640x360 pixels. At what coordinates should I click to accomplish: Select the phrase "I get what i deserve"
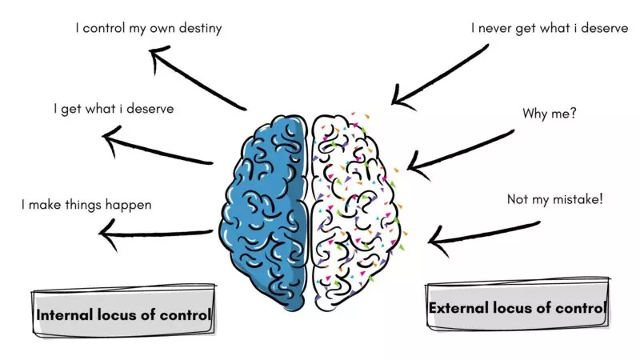113,108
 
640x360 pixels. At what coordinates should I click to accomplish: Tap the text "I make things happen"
86,205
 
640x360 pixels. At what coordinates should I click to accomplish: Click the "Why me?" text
550,114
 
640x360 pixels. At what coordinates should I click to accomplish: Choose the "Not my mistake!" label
554,198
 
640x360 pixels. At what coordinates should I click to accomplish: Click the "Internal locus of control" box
123,314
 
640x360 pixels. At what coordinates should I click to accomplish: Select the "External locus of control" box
517,308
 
